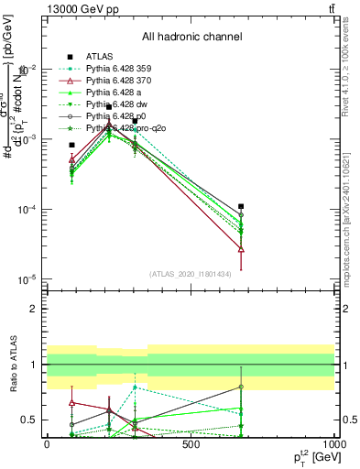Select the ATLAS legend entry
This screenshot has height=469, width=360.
101,56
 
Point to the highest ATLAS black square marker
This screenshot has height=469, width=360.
109,107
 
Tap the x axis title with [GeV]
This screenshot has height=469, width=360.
311,458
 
